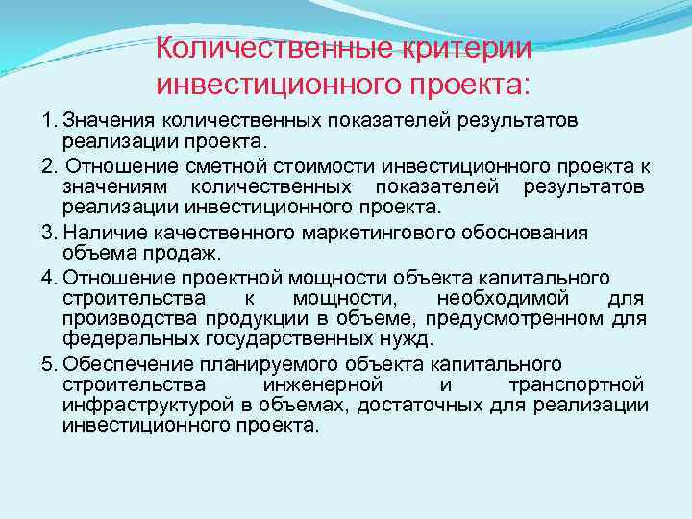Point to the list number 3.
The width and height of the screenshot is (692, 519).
(47, 233)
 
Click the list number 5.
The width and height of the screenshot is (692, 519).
(47, 364)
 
